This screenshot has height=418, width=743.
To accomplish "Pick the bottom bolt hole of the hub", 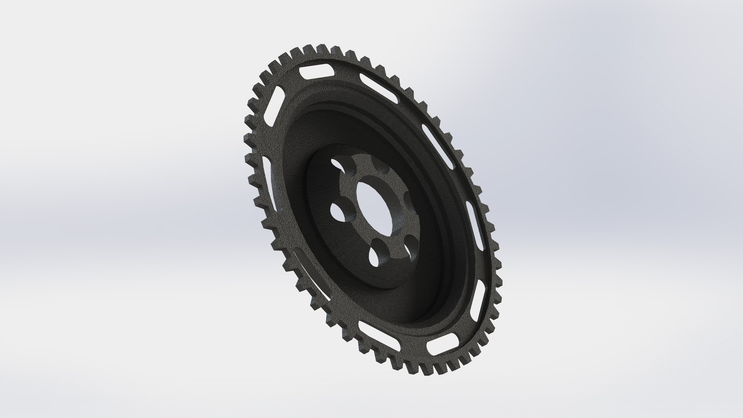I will (376, 256).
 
